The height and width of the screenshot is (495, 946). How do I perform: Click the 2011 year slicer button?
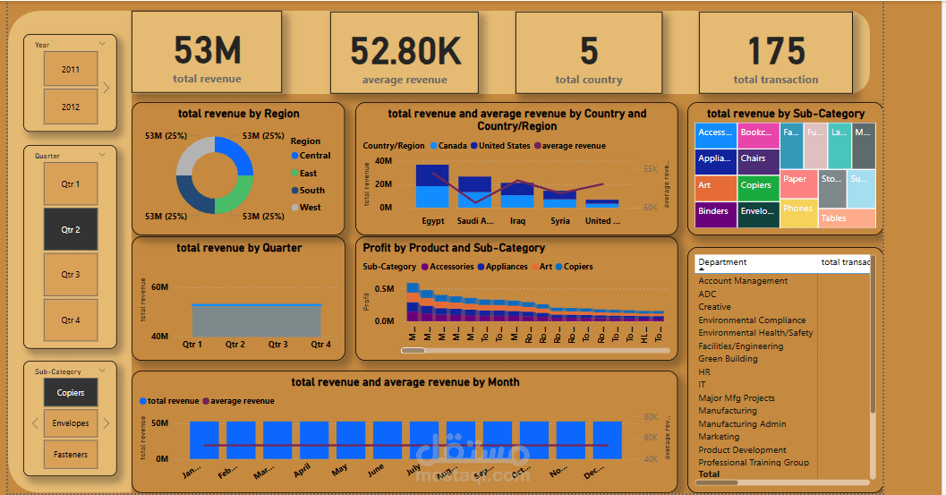tap(70, 69)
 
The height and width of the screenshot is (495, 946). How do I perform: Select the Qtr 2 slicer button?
tap(71, 230)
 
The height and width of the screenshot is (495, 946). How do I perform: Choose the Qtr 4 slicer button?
tap(71, 320)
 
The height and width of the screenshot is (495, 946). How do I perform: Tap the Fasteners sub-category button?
tap(71, 455)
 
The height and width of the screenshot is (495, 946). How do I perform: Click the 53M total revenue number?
tap(207, 51)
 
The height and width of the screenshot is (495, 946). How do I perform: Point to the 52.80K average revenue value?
tap(405, 51)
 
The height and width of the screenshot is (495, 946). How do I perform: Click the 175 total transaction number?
tap(776, 51)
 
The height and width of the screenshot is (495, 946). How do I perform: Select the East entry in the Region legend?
tap(308, 173)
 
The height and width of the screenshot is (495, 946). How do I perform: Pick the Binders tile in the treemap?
tap(713, 212)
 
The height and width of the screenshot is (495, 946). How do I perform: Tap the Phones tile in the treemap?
tap(797, 209)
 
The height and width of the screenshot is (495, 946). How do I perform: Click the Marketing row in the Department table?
tap(719, 437)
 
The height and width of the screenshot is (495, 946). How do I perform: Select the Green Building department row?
tap(728, 359)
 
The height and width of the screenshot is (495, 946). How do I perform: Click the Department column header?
tap(722, 262)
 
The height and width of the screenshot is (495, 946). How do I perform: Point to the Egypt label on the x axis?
tap(433, 221)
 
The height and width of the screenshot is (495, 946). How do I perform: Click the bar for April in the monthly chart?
tap(302, 440)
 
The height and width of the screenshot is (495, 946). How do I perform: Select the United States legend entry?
tap(504, 146)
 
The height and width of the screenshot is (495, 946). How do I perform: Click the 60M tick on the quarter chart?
tap(159, 287)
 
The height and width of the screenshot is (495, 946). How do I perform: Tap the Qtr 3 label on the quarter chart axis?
tap(277, 345)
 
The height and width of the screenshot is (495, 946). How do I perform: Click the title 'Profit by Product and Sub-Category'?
tap(454, 248)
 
